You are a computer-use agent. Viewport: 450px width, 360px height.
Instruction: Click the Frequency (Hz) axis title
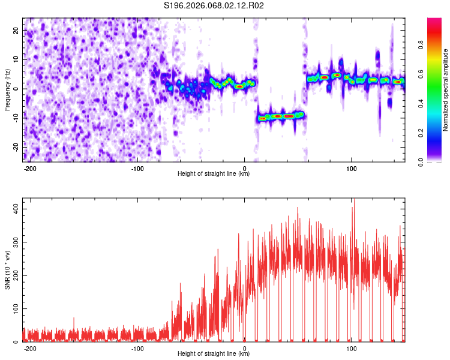(7, 89)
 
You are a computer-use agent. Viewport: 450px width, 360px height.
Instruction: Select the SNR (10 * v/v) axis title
(7, 271)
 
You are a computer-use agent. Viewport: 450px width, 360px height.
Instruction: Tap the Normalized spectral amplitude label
(446, 89)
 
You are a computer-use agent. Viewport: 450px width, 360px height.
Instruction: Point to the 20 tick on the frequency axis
(17, 30)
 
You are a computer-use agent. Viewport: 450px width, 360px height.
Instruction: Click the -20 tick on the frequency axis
(16, 147)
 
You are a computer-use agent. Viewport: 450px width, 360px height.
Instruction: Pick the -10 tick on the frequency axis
(16, 118)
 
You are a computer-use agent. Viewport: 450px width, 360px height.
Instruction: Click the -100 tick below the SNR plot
(137, 348)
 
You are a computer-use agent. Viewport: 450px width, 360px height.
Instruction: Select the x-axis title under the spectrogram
(214, 174)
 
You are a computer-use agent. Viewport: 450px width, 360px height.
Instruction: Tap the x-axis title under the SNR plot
(214, 354)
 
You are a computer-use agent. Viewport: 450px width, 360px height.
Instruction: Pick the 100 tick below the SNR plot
(352, 348)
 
